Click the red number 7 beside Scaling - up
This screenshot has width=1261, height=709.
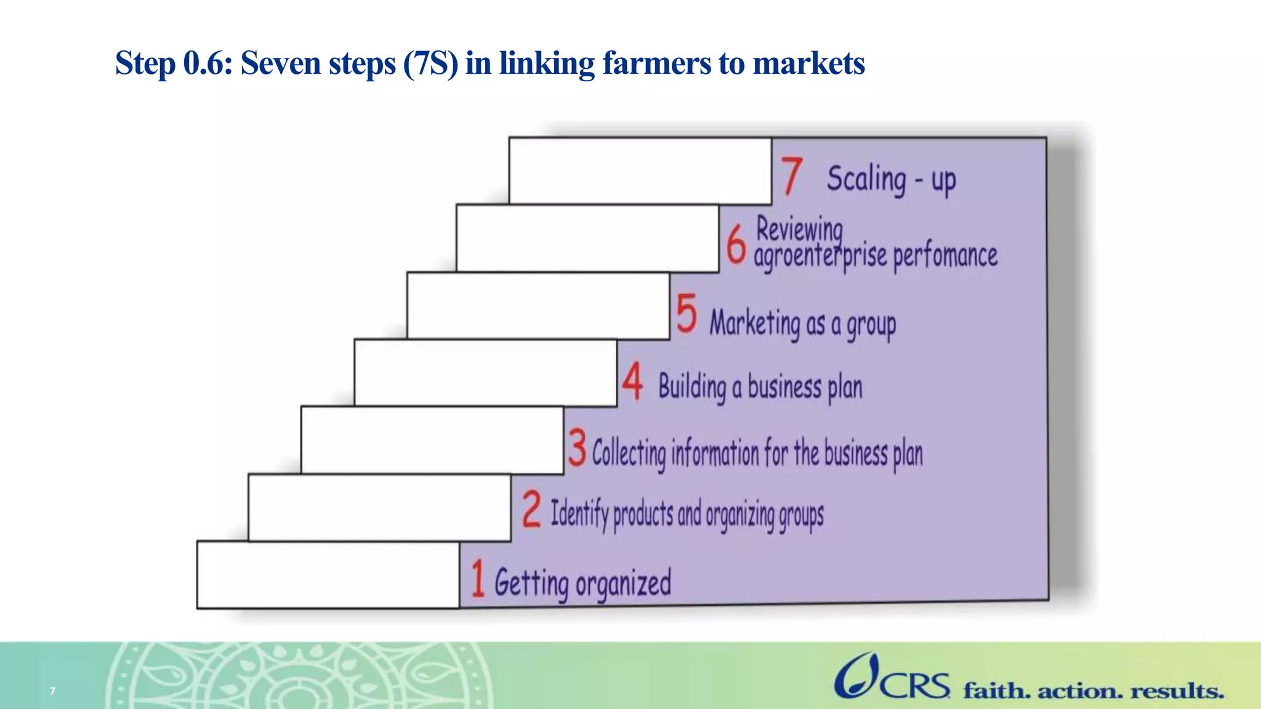coord(792,176)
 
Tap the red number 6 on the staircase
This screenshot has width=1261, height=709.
coord(736,244)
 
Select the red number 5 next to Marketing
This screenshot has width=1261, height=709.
coord(687,313)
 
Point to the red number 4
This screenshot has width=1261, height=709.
coord(632,382)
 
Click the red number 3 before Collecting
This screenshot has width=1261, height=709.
coord(577,447)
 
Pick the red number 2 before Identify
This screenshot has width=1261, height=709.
coord(531,510)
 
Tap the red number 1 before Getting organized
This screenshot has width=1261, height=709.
coord(478,579)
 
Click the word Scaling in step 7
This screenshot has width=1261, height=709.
coord(866,179)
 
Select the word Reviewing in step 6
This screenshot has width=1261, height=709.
coord(799,230)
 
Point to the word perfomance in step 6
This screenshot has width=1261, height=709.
coord(945,255)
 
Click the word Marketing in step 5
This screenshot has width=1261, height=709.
coord(755,323)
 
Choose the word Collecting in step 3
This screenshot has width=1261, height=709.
coord(629,454)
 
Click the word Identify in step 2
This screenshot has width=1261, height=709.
coord(579,513)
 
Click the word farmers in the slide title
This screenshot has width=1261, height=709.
coord(656,63)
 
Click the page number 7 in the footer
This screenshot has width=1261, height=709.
coord(53,691)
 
